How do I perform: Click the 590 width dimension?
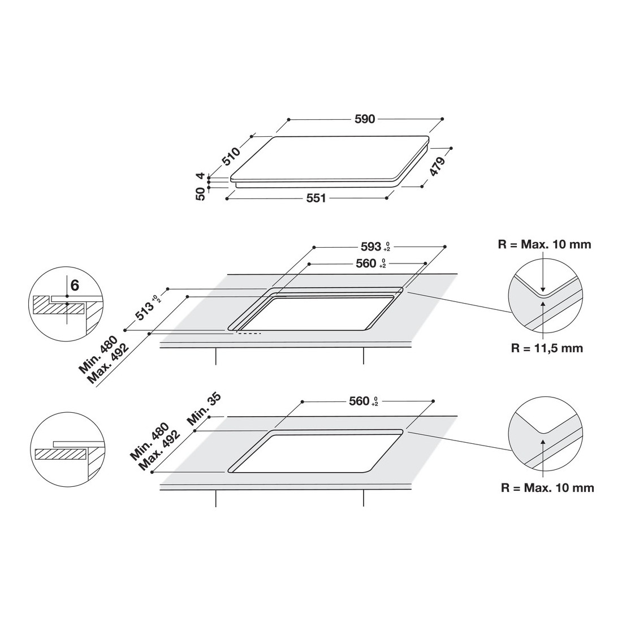(x=365, y=119)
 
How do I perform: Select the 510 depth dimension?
(x=231, y=156)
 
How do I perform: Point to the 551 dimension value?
(x=316, y=198)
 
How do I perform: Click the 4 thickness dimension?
(x=201, y=176)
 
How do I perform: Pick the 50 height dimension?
(x=201, y=194)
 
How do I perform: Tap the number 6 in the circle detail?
(x=75, y=285)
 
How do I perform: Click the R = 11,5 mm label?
(x=547, y=348)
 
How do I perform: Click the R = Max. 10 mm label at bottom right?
(x=547, y=487)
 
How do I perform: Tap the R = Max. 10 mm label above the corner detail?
(x=545, y=244)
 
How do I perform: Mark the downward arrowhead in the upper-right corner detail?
(x=543, y=289)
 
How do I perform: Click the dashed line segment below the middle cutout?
(x=248, y=333)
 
